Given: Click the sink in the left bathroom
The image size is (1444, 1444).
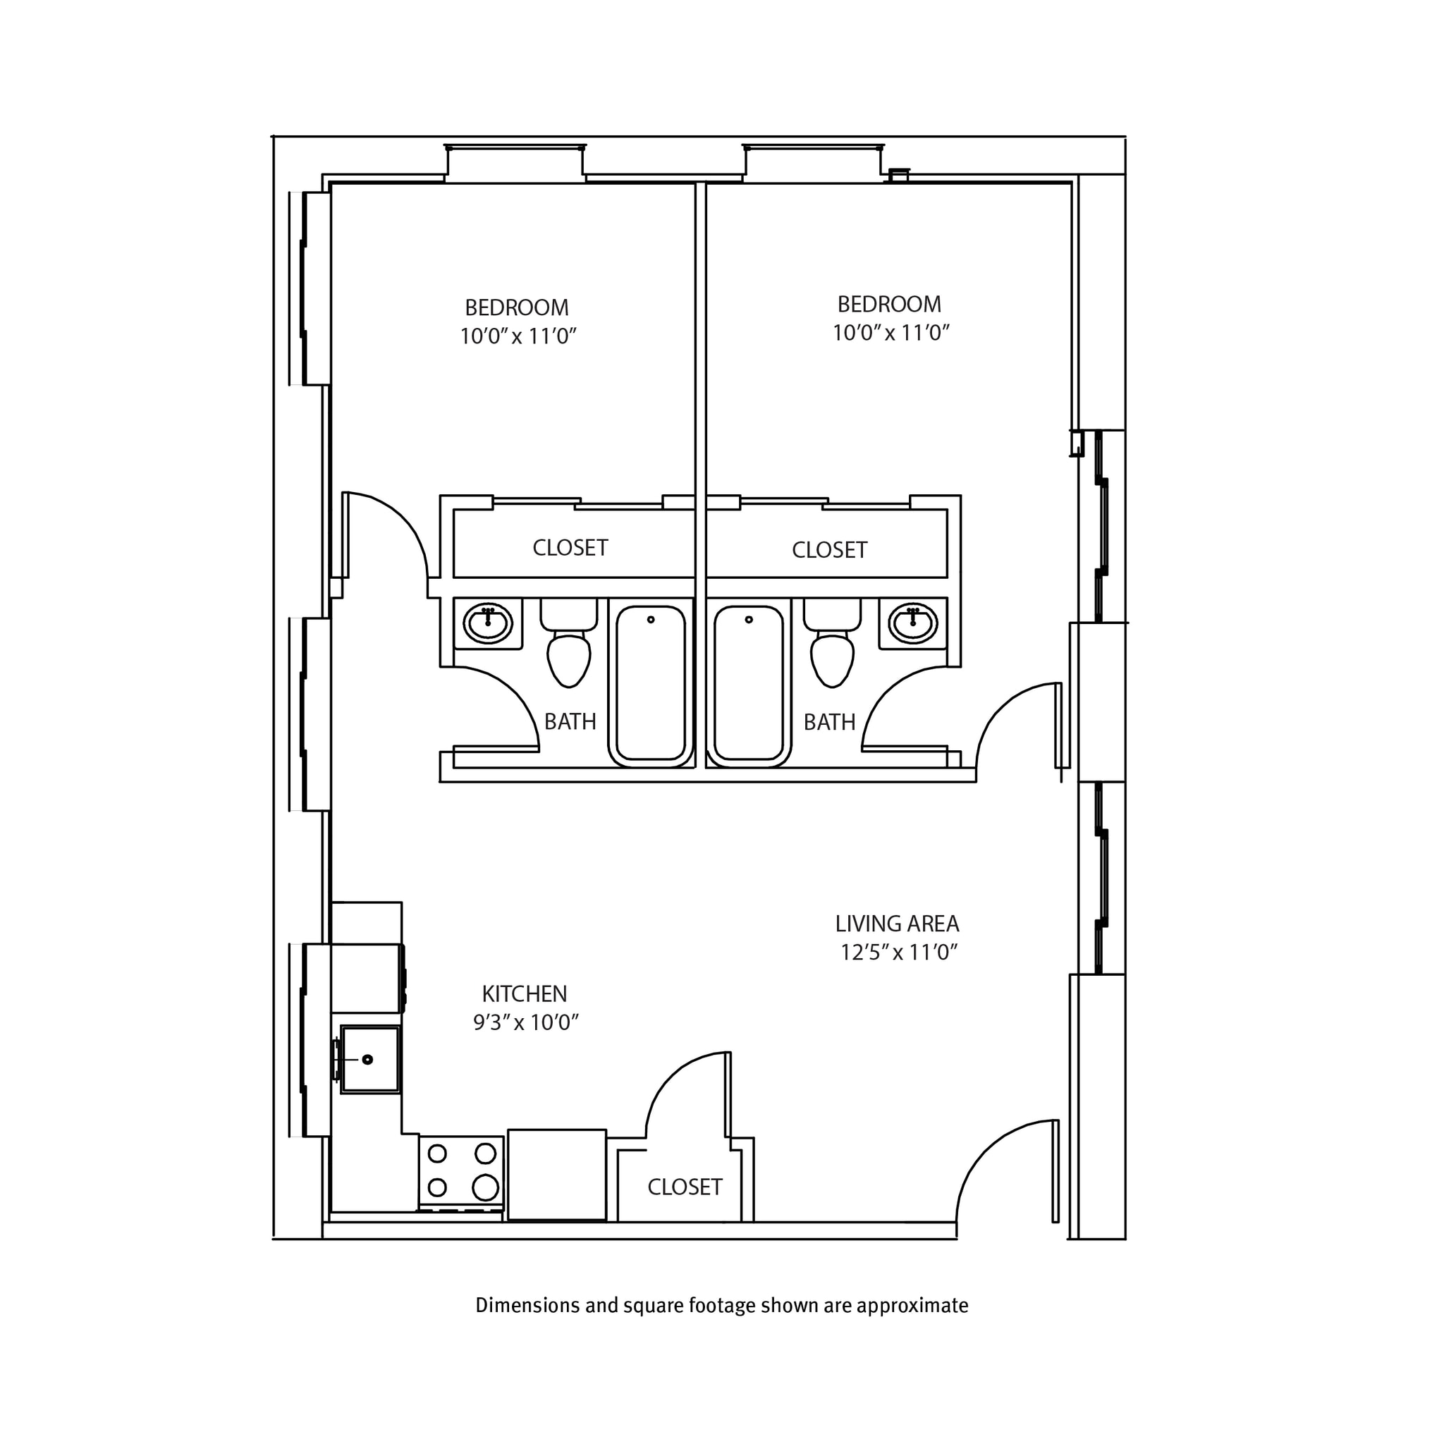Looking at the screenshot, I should pyautogui.click(x=488, y=623).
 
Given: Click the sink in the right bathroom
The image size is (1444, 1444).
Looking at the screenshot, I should pyautogui.click(x=912, y=623).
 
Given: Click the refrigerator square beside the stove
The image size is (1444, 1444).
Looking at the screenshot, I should pyautogui.click(x=557, y=1174).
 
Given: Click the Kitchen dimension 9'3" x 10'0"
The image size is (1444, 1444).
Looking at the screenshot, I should pyautogui.click(x=526, y=1022).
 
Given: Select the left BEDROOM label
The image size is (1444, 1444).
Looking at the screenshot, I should pyautogui.click(x=516, y=308).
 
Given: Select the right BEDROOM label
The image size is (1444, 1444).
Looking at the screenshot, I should pyautogui.click(x=888, y=304).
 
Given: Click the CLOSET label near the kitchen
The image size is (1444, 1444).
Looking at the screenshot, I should pyautogui.click(x=685, y=1187).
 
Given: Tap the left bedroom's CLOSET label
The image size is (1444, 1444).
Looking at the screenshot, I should pyautogui.click(x=570, y=548).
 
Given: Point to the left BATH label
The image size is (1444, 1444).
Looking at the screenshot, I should pyautogui.click(x=570, y=722).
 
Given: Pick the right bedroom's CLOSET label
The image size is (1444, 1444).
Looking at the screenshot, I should pyautogui.click(x=830, y=550).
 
